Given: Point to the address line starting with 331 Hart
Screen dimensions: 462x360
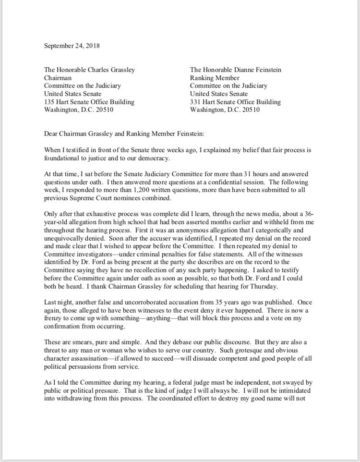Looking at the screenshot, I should click(235, 102).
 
